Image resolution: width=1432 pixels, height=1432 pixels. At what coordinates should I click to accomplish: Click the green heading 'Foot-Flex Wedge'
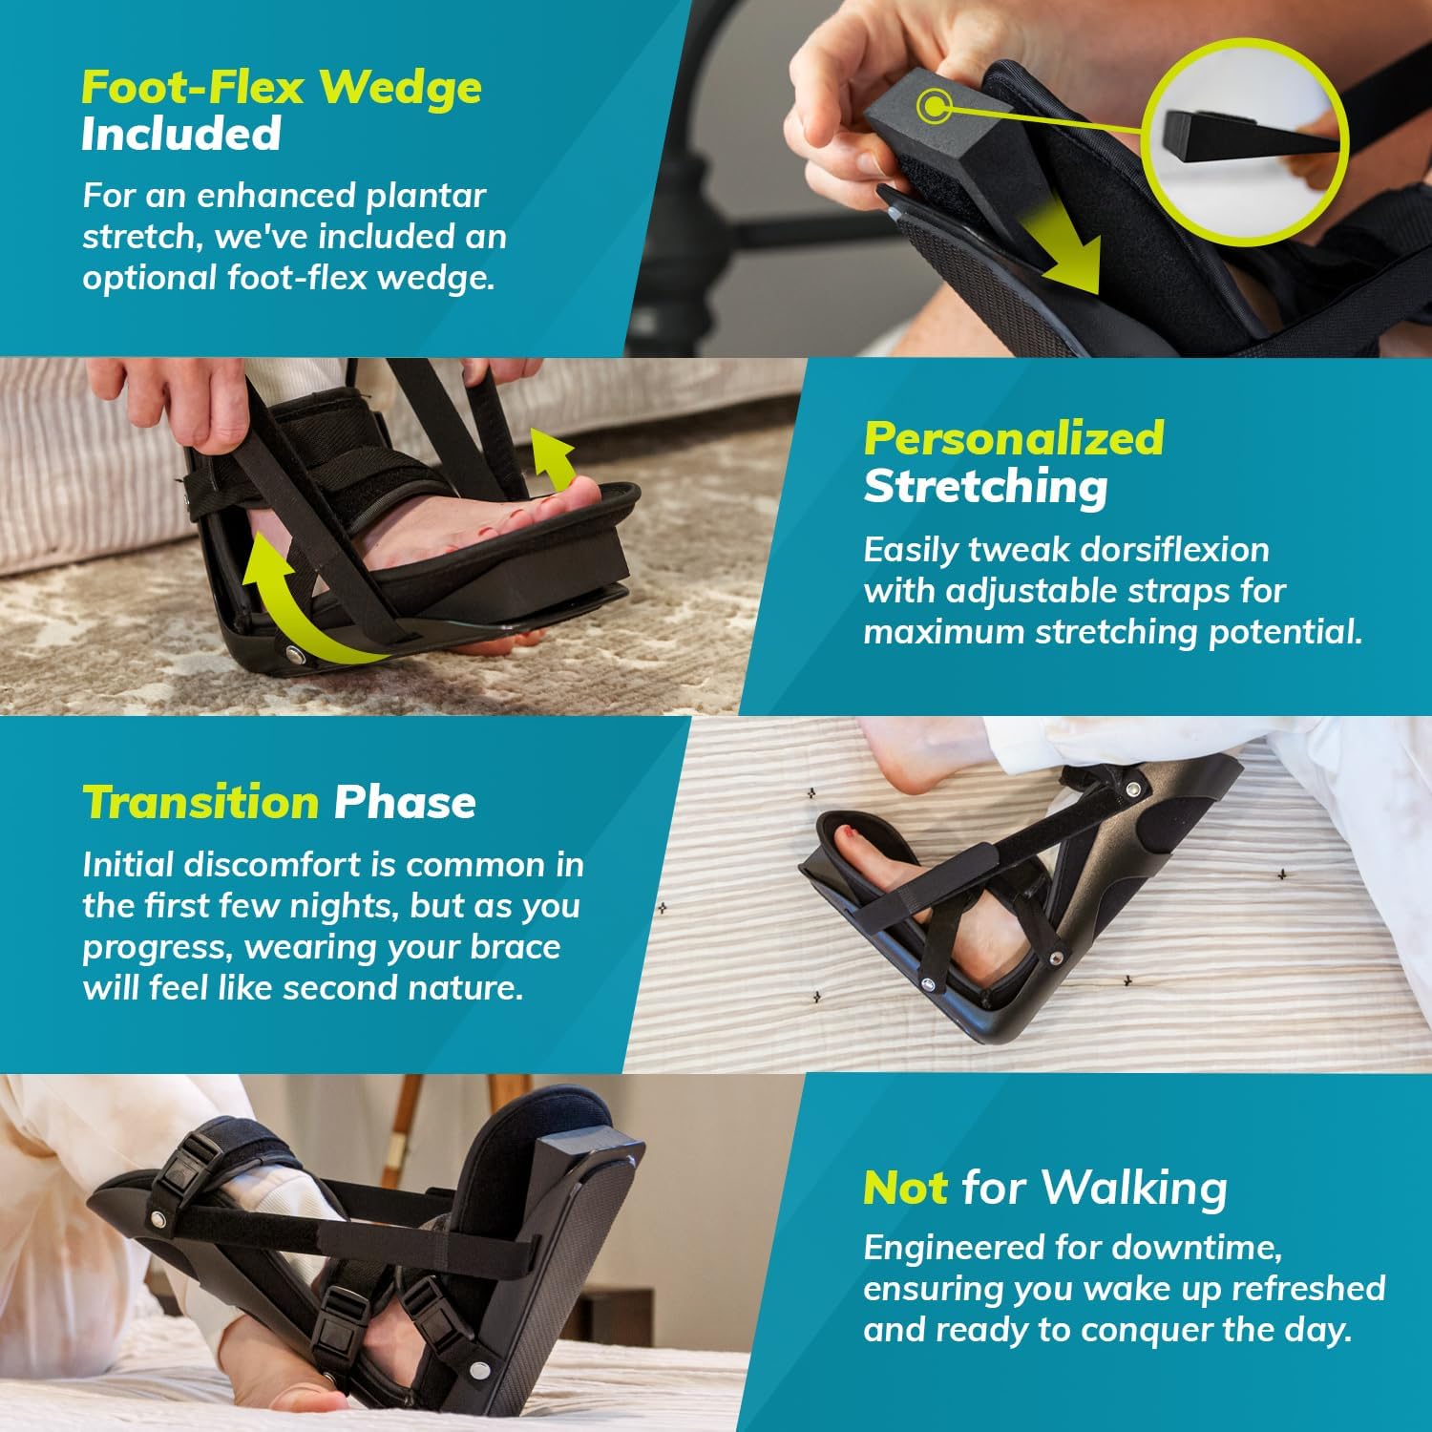[x=281, y=87]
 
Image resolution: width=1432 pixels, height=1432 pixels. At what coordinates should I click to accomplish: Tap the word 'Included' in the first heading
[x=180, y=134]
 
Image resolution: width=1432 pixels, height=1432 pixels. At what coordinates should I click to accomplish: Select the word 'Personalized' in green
[x=1014, y=438]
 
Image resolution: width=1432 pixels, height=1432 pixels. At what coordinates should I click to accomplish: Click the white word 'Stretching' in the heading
[x=985, y=486]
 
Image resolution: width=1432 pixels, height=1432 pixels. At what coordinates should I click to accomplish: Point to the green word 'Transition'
[x=200, y=802]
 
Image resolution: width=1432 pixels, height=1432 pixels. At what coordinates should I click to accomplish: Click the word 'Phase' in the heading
[x=405, y=802]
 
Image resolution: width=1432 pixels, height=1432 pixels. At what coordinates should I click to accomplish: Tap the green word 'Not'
[x=904, y=1188]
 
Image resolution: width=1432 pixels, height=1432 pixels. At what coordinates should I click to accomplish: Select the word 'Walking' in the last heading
[x=1134, y=1188]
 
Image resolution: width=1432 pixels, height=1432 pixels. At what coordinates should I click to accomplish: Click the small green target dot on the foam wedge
[x=931, y=105]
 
